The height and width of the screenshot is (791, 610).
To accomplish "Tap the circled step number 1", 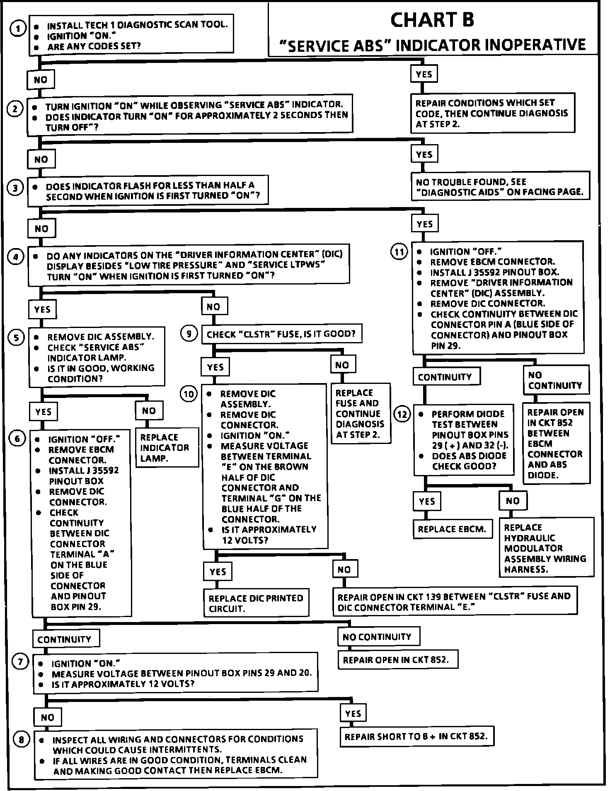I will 17,29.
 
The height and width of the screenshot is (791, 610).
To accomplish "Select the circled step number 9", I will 189,333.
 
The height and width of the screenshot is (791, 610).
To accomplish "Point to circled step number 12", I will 402,414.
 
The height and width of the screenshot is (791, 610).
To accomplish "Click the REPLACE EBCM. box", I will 452,529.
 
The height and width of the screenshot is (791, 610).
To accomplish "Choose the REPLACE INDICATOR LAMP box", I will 167,448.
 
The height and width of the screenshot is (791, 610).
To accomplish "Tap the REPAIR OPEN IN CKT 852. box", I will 398,660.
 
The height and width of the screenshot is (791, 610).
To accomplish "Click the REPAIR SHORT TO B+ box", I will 416,736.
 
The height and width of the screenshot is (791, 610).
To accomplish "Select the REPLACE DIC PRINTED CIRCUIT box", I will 256,603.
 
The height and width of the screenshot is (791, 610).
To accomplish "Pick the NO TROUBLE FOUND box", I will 499,187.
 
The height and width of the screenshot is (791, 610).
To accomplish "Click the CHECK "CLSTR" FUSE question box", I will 281,334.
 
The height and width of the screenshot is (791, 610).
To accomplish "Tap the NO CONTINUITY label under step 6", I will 378,637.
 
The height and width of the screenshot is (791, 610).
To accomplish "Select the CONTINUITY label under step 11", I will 445,377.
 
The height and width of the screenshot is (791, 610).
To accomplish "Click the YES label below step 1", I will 424,74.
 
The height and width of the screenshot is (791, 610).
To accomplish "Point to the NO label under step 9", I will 342,365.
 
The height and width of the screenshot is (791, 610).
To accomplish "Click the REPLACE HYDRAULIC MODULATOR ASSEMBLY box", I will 546,548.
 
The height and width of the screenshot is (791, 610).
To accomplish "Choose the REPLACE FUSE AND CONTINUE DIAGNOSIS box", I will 360,413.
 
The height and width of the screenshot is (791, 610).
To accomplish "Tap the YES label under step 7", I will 353,713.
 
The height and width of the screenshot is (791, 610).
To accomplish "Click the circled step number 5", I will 16,338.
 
